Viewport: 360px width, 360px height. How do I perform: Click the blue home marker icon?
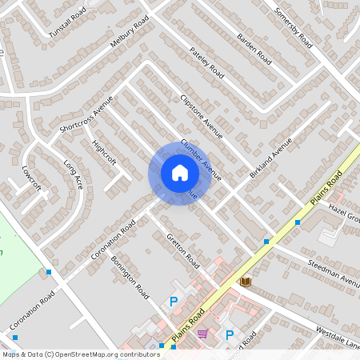click(x=179, y=173)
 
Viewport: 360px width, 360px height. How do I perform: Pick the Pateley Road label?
click(x=206, y=60)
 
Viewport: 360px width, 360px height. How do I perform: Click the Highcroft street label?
click(x=104, y=154)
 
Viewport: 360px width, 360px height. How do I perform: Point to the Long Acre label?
click(x=73, y=174)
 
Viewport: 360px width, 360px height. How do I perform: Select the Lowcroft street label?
click(x=31, y=178)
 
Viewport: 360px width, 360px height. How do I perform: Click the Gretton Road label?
click(x=182, y=249)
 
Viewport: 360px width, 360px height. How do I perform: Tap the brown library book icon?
click(x=246, y=282)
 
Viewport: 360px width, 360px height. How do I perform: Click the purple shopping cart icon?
click(x=203, y=334)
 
